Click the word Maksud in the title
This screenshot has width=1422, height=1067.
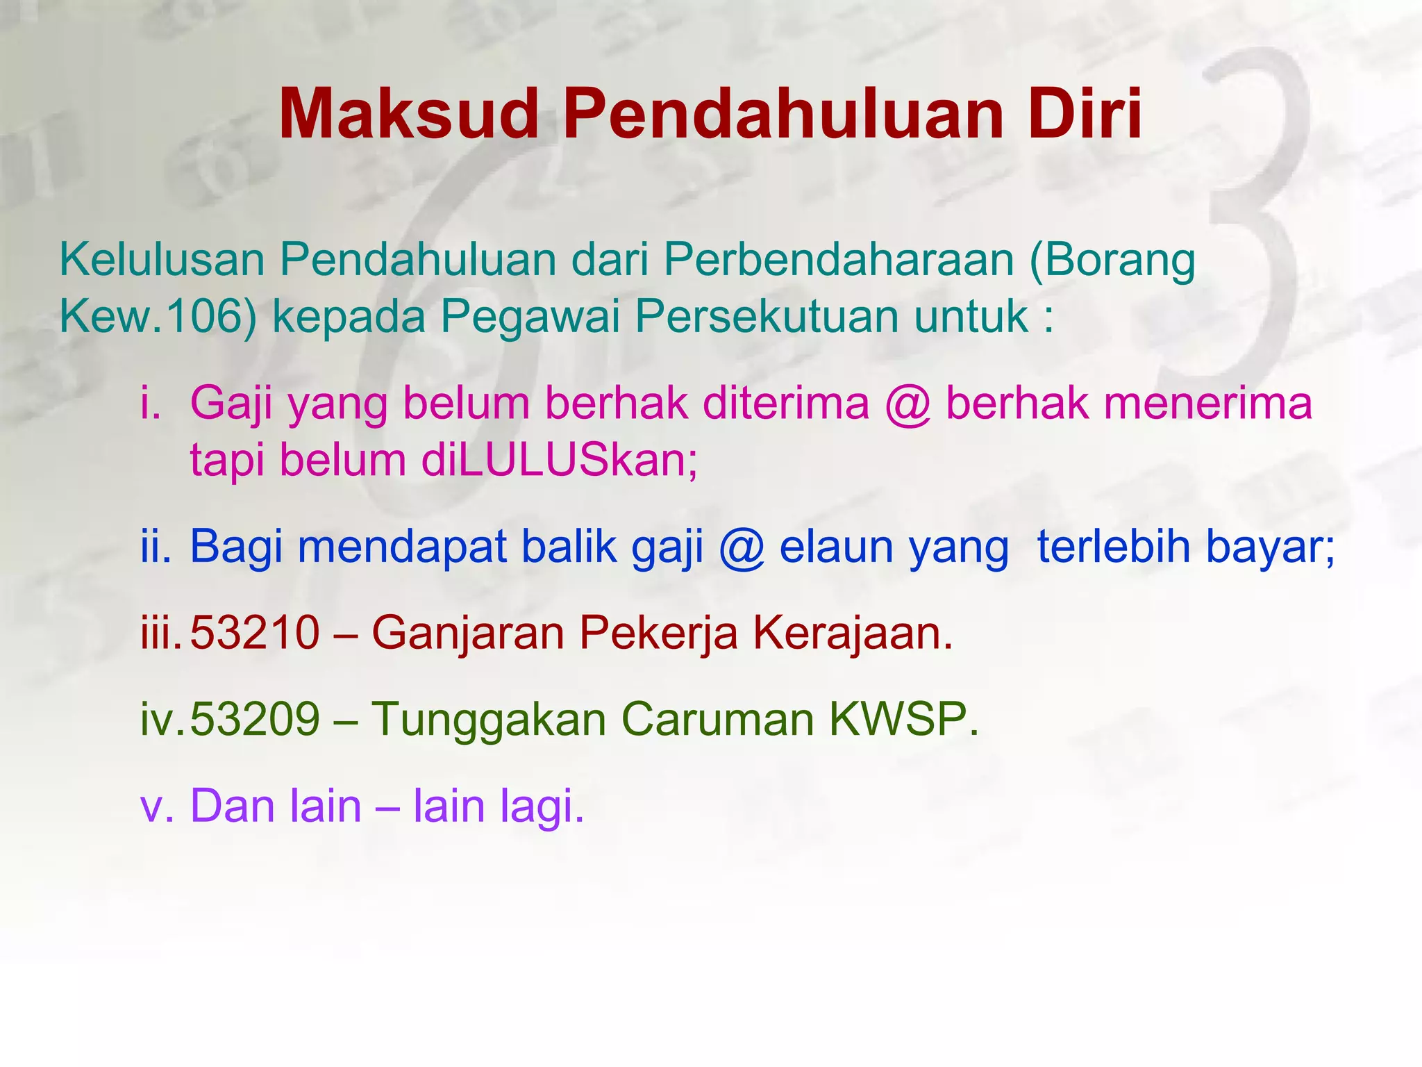pos(408,114)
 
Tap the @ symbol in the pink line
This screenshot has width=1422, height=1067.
pos(907,404)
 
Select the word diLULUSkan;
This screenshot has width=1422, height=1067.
pos(560,461)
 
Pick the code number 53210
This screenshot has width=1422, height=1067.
pos(255,633)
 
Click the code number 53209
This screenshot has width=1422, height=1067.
pos(255,719)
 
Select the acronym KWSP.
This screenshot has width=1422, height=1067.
pos(903,719)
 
